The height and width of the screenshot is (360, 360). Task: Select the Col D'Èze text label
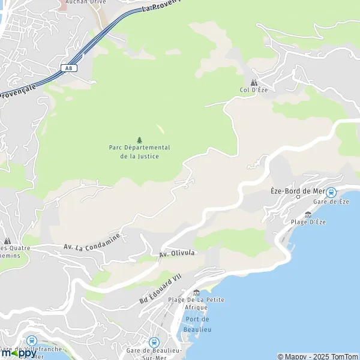coord(253,91)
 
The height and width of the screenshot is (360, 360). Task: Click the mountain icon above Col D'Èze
coord(254,82)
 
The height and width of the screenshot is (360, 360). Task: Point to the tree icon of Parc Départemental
coord(139,139)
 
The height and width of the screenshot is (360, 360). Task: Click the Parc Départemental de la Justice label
coord(139,152)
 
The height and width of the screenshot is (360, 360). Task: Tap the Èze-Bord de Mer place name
coord(298,191)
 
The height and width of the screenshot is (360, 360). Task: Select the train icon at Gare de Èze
coord(331,193)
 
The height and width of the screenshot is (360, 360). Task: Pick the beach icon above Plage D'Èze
coord(308,214)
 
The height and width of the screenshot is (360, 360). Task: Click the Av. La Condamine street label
coord(92,242)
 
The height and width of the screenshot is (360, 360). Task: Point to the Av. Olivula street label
coord(177,254)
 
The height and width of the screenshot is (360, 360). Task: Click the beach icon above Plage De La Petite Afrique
coord(196,292)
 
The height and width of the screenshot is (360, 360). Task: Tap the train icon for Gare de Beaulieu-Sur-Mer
coord(153,341)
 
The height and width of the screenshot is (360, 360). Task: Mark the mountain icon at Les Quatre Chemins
coord(8,241)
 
